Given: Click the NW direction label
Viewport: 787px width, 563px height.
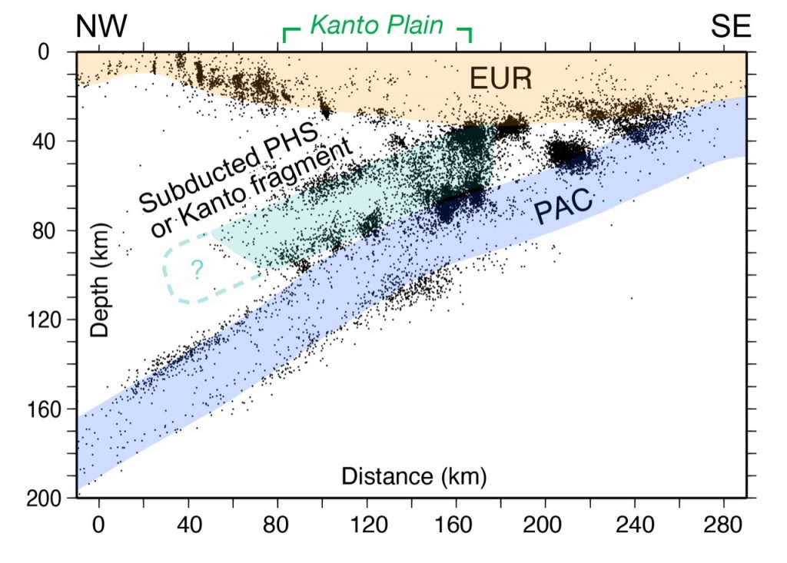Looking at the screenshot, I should point(101,28).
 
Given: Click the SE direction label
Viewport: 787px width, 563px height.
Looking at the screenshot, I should point(731,28).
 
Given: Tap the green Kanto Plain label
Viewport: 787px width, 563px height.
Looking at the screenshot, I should point(377,26).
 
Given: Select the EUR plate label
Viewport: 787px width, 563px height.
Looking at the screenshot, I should point(502,78).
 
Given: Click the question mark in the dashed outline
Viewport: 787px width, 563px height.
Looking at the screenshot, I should point(197,269).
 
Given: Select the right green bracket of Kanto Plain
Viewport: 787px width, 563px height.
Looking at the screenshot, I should point(465,33).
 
